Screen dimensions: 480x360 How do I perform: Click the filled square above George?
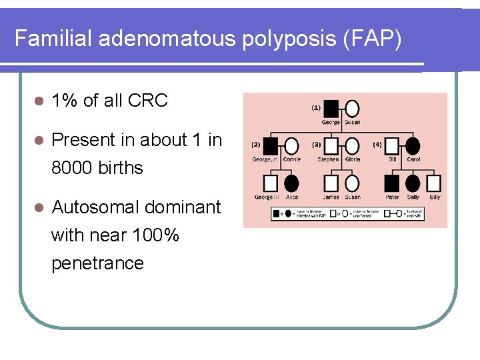point(331,108)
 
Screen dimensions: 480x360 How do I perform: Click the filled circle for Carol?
point(413,145)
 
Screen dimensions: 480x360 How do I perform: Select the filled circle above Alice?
point(291,183)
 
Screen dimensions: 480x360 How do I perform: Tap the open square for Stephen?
point(331,145)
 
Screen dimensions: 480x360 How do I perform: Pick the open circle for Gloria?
point(351,145)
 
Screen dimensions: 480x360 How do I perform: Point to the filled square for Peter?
point(393,183)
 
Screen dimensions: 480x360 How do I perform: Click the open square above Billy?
point(434,183)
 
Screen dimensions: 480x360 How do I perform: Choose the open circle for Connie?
point(291,145)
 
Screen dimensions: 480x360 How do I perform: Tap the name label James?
point(331,197)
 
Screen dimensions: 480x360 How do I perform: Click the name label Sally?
point(413,197)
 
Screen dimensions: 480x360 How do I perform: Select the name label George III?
point(267,197)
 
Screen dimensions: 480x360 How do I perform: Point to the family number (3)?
point(317,143)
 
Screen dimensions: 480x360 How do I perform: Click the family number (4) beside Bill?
point(377,143)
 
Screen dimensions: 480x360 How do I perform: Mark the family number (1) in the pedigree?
point(315,107)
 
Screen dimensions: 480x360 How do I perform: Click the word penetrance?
point(97,263)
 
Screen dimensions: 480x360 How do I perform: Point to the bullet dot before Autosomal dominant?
point(39,208)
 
